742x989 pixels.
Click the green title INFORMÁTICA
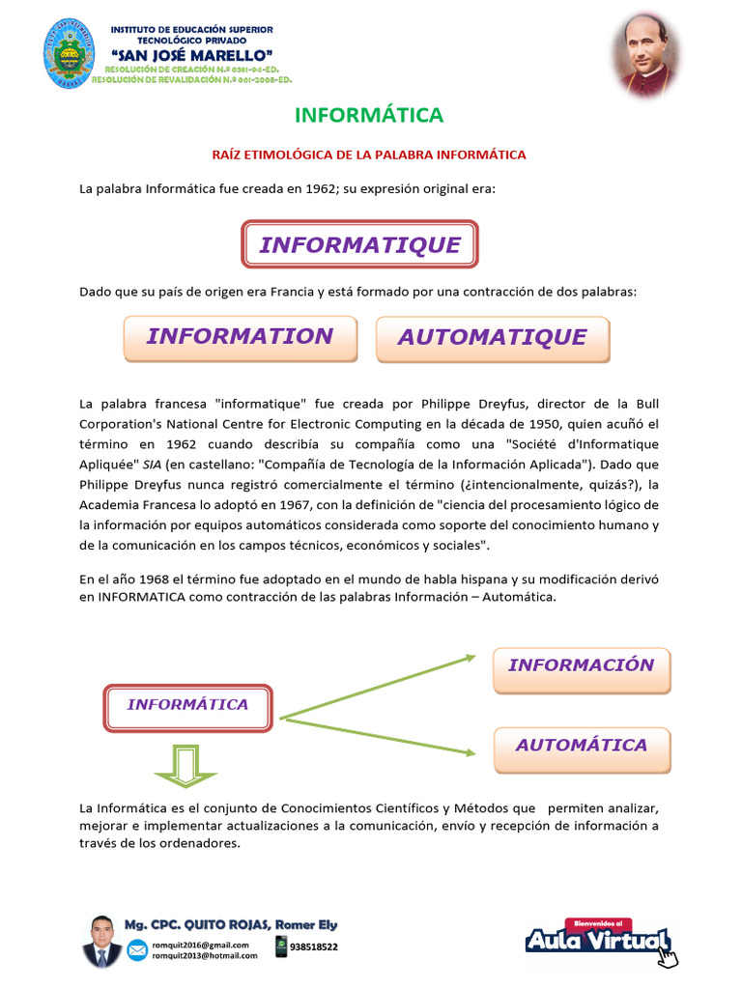point(369,116)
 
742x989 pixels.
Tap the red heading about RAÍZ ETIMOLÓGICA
point(369,155)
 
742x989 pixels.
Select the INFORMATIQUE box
point(359,244)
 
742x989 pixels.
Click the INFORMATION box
point(240,337)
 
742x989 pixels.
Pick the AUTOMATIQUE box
point(492,338)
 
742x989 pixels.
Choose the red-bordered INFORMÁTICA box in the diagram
point(187,705)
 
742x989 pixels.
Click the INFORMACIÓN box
point(581,665)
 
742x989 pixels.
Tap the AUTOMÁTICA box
point(581,746)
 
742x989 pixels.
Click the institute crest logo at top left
point(69,54)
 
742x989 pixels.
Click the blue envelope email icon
point(137,949)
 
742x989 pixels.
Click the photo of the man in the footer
point(102,941)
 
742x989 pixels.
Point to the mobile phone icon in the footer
point(281,947)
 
